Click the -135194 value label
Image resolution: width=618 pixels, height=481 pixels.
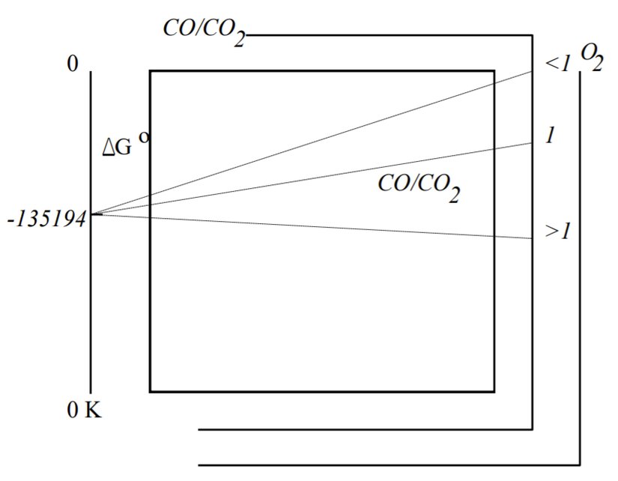(x=46, y=219)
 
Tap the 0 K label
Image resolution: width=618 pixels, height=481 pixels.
(x=84, y=411)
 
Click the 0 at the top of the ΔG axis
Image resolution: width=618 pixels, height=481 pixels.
(x=73, y=64)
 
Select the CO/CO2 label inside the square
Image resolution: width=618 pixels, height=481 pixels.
(x=418, y=186)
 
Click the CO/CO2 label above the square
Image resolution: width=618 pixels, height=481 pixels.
(x=204, y=30)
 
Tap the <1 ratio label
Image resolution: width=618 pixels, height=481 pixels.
(x=558, y=64)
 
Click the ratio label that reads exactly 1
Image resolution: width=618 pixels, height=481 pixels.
(x=550, y=136)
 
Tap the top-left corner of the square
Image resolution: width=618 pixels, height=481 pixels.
(x=150, y=71)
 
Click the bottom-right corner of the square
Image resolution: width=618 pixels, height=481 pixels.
(x=494, y=391)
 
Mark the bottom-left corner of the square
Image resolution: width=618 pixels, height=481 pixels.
(x=150, y=391)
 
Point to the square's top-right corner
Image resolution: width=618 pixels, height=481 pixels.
(x=494, y=71)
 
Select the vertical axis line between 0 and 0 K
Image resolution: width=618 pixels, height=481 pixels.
(x=91, y=300)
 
